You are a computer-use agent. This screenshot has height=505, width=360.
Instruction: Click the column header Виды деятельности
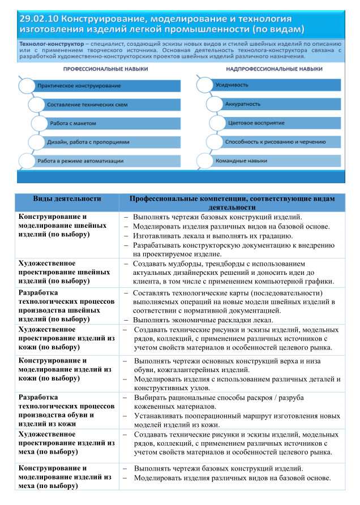click(x=67, y=200)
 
